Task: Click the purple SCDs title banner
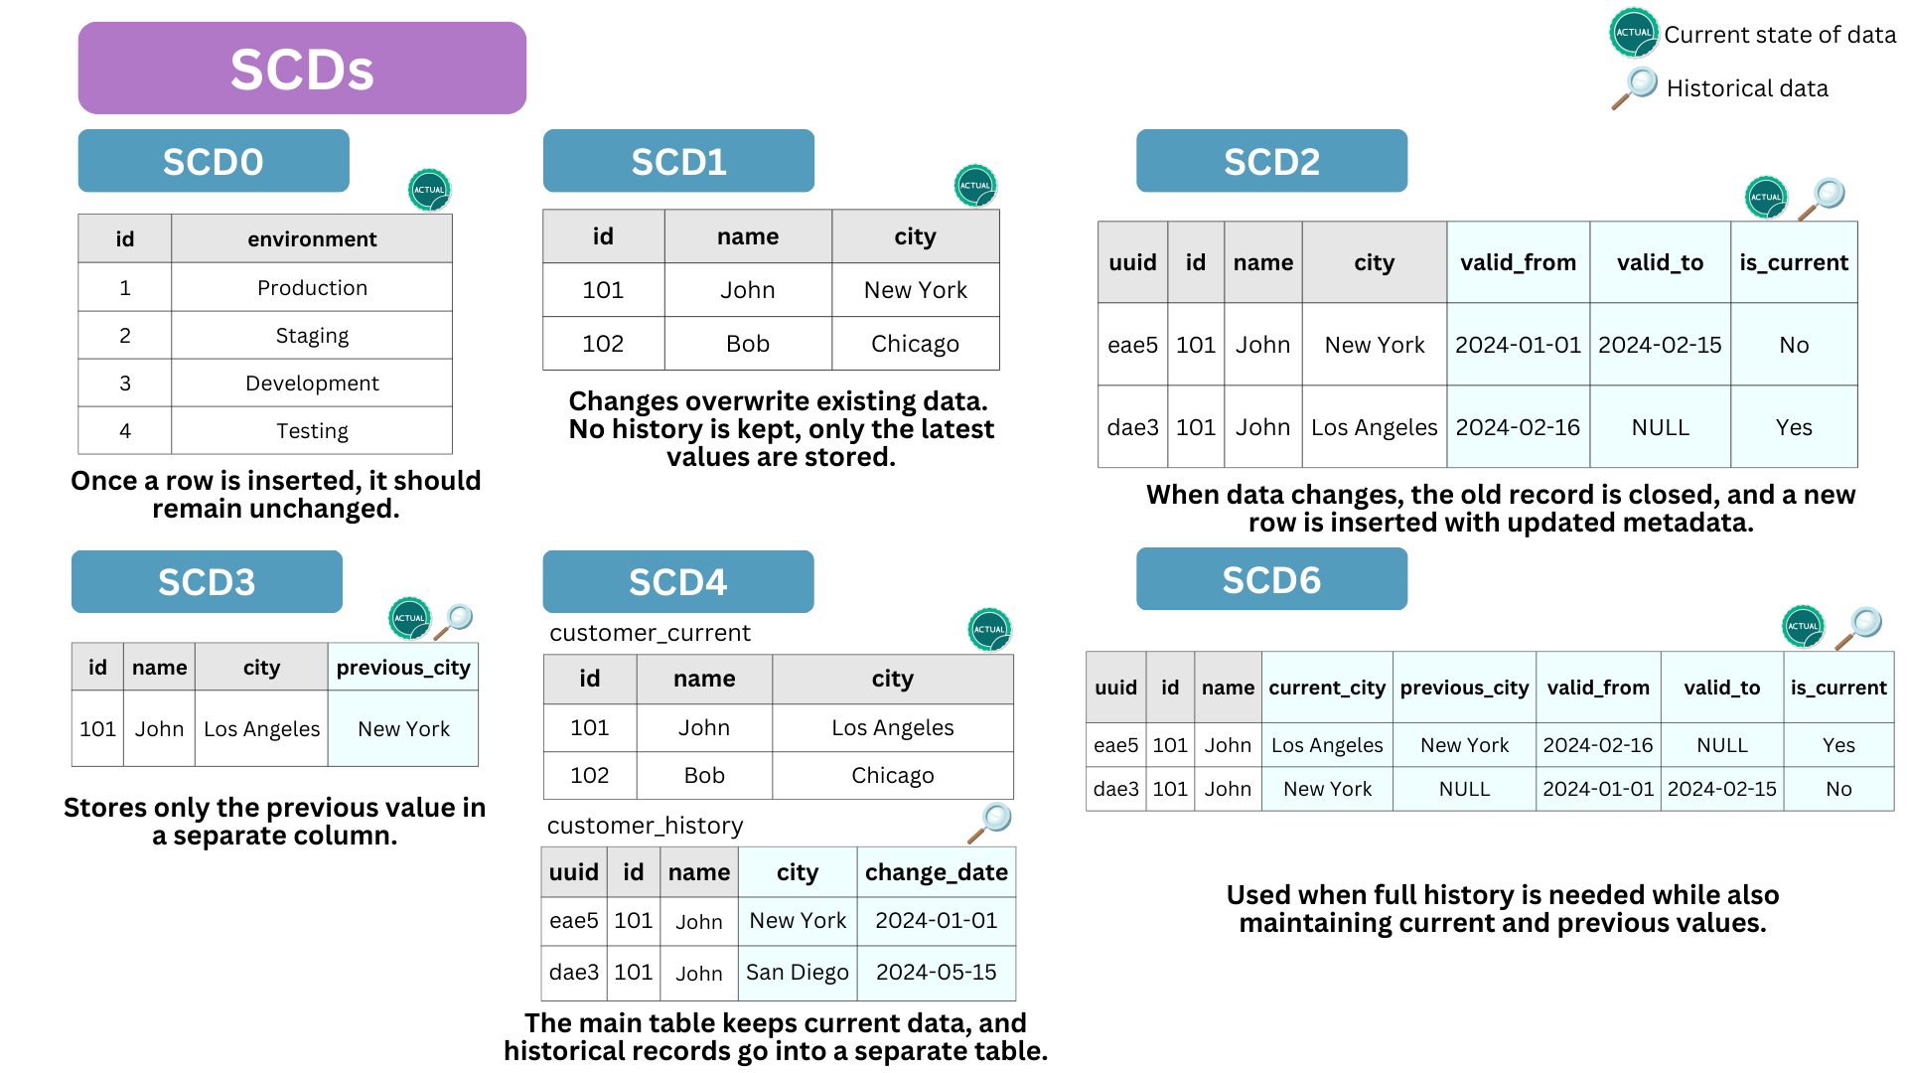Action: coord(302,69)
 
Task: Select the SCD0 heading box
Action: coord(214,161)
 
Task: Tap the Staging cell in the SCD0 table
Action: coord(312,336)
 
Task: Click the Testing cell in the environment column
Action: coord(312,431)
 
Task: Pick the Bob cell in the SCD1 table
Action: coord(748,344)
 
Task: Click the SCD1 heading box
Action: coord(678,161)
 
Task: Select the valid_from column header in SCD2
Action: coord(1518,262)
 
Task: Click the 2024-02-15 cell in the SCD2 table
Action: coord(1660,345)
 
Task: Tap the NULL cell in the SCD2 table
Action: coord(1660,427)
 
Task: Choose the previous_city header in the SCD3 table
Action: coord(403,668)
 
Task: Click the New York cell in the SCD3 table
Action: coord(403,729)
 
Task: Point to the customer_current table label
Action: coord(650,633)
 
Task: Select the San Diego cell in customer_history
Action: coord(798,973)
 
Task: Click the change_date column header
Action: coord(937,872)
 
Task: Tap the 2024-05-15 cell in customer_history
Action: coord(937,973)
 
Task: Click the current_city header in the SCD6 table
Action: coord(1327,688)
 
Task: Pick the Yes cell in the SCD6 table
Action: coord(1838,745)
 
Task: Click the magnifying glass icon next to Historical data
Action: coord(1635,87)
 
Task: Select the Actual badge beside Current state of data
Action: coord(1634,33)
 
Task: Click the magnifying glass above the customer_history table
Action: coord(990,823)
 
